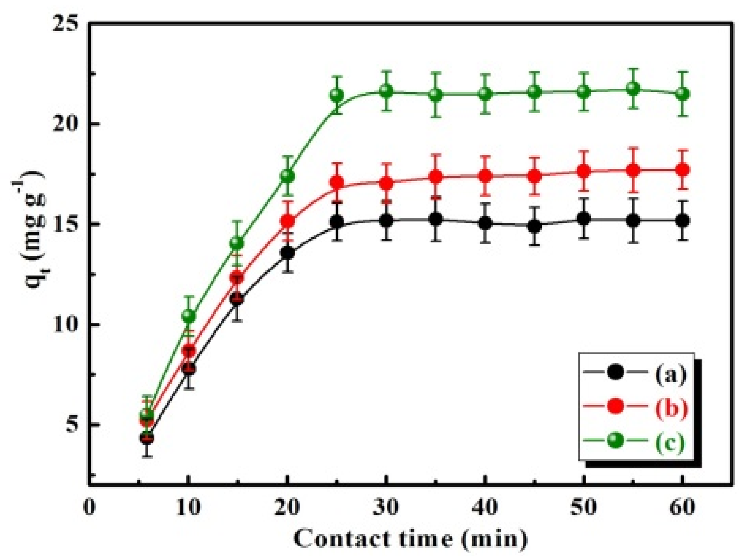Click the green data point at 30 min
386,91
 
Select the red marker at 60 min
682,169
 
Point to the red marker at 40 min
485,176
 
